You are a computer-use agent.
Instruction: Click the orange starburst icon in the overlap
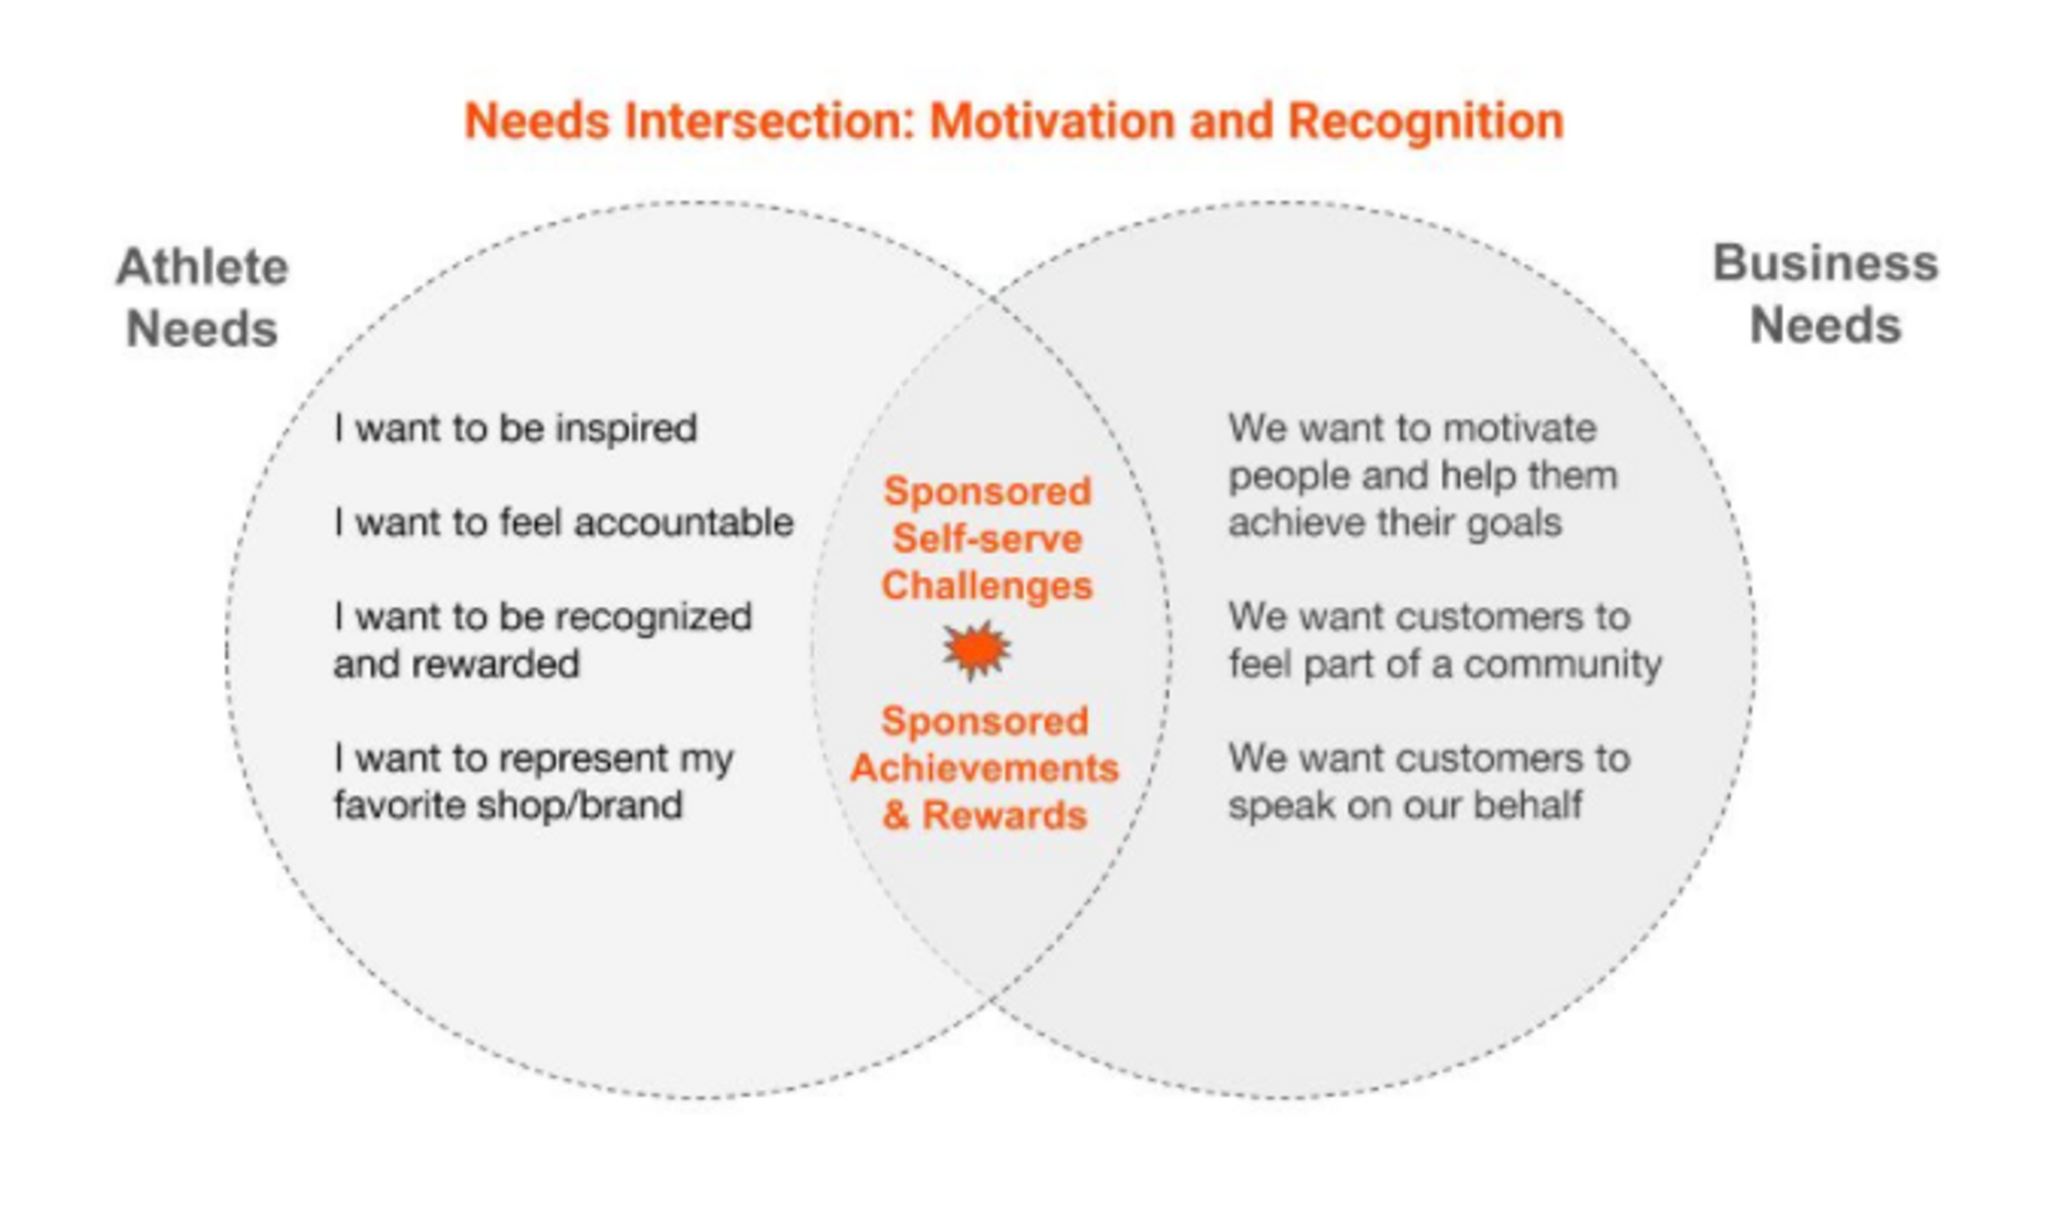(x=977, y=650)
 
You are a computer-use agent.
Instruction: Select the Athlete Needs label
(x=202, y=298)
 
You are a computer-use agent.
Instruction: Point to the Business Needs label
(x=1826, y=294)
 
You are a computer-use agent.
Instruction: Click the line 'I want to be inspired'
(x=515, y=429)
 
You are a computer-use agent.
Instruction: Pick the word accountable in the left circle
(x=684, y=521)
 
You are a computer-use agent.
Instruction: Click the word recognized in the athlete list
(x=654, y=618)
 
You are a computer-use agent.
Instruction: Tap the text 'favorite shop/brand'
(x=508, y=804)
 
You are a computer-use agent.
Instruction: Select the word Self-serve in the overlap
(x=987, y=538)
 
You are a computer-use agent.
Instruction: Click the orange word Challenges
(x=987, y=585)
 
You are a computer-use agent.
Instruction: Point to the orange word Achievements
(x=985, y=767)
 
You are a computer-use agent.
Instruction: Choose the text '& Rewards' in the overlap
(x=985, y=815)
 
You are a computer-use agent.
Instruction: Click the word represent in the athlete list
(x=584, y=760)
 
